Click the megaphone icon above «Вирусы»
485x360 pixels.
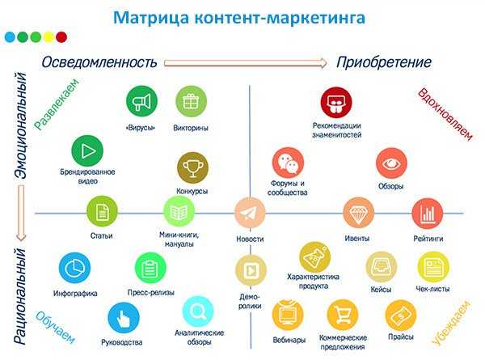[x=142, y=101]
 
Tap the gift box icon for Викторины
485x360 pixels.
[x=191, y=101]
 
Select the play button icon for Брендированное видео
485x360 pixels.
[x=87, y=150]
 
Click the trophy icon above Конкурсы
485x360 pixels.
[x=192, y=167]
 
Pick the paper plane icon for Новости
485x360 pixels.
[x=250, y=213]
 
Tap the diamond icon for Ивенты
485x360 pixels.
[x=358, y=212]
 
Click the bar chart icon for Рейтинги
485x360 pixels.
[x=428, y=214]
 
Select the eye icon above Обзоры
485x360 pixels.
[x=391, y=163]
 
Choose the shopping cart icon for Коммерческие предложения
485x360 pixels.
[x=343, y=315]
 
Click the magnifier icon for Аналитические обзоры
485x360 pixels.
[x=198, y=311]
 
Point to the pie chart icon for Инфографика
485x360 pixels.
[x=74, y=268]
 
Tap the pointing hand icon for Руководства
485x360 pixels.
[x=124, y=318]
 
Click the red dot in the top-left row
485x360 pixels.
[x=61, y=37]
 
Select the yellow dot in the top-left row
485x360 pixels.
[x=48, y=37]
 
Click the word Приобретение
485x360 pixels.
[x=383, y=62]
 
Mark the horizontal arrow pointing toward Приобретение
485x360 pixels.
[x=245, y=63]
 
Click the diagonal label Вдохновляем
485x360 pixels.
[x=445, y=114]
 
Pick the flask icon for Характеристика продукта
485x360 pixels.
[x=315, y=257]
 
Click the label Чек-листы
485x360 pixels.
[x=432, y=289]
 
